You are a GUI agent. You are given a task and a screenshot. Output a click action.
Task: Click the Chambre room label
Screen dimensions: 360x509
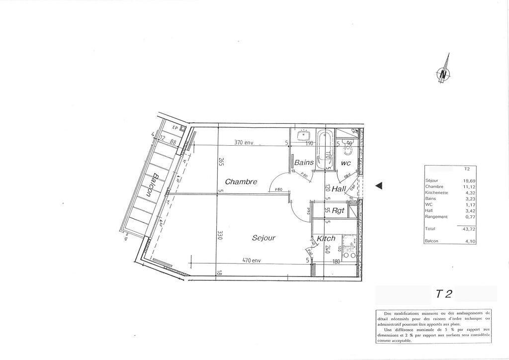(241, 181)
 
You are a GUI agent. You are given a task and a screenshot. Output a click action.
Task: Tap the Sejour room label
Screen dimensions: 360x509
(263, 238)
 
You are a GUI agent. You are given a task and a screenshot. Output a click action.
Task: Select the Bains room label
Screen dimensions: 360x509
(304, 162)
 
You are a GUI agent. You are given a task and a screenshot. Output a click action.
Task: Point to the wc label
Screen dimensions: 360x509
(346, 163)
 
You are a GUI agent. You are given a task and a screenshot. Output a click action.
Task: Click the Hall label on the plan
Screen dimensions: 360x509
(339, 189)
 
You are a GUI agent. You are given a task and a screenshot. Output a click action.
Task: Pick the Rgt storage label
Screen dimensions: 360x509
(338, 211)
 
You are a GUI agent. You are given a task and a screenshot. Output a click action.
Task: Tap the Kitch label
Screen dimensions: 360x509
(326, 239)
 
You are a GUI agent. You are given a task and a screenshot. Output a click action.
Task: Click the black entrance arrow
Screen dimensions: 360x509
(378, 185)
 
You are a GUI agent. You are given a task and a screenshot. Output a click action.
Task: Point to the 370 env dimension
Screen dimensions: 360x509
(244, 143)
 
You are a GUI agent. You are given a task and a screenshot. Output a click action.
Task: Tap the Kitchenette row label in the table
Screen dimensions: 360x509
(437, 192)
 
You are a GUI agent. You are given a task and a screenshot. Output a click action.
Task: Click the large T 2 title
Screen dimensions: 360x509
(444, 294)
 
